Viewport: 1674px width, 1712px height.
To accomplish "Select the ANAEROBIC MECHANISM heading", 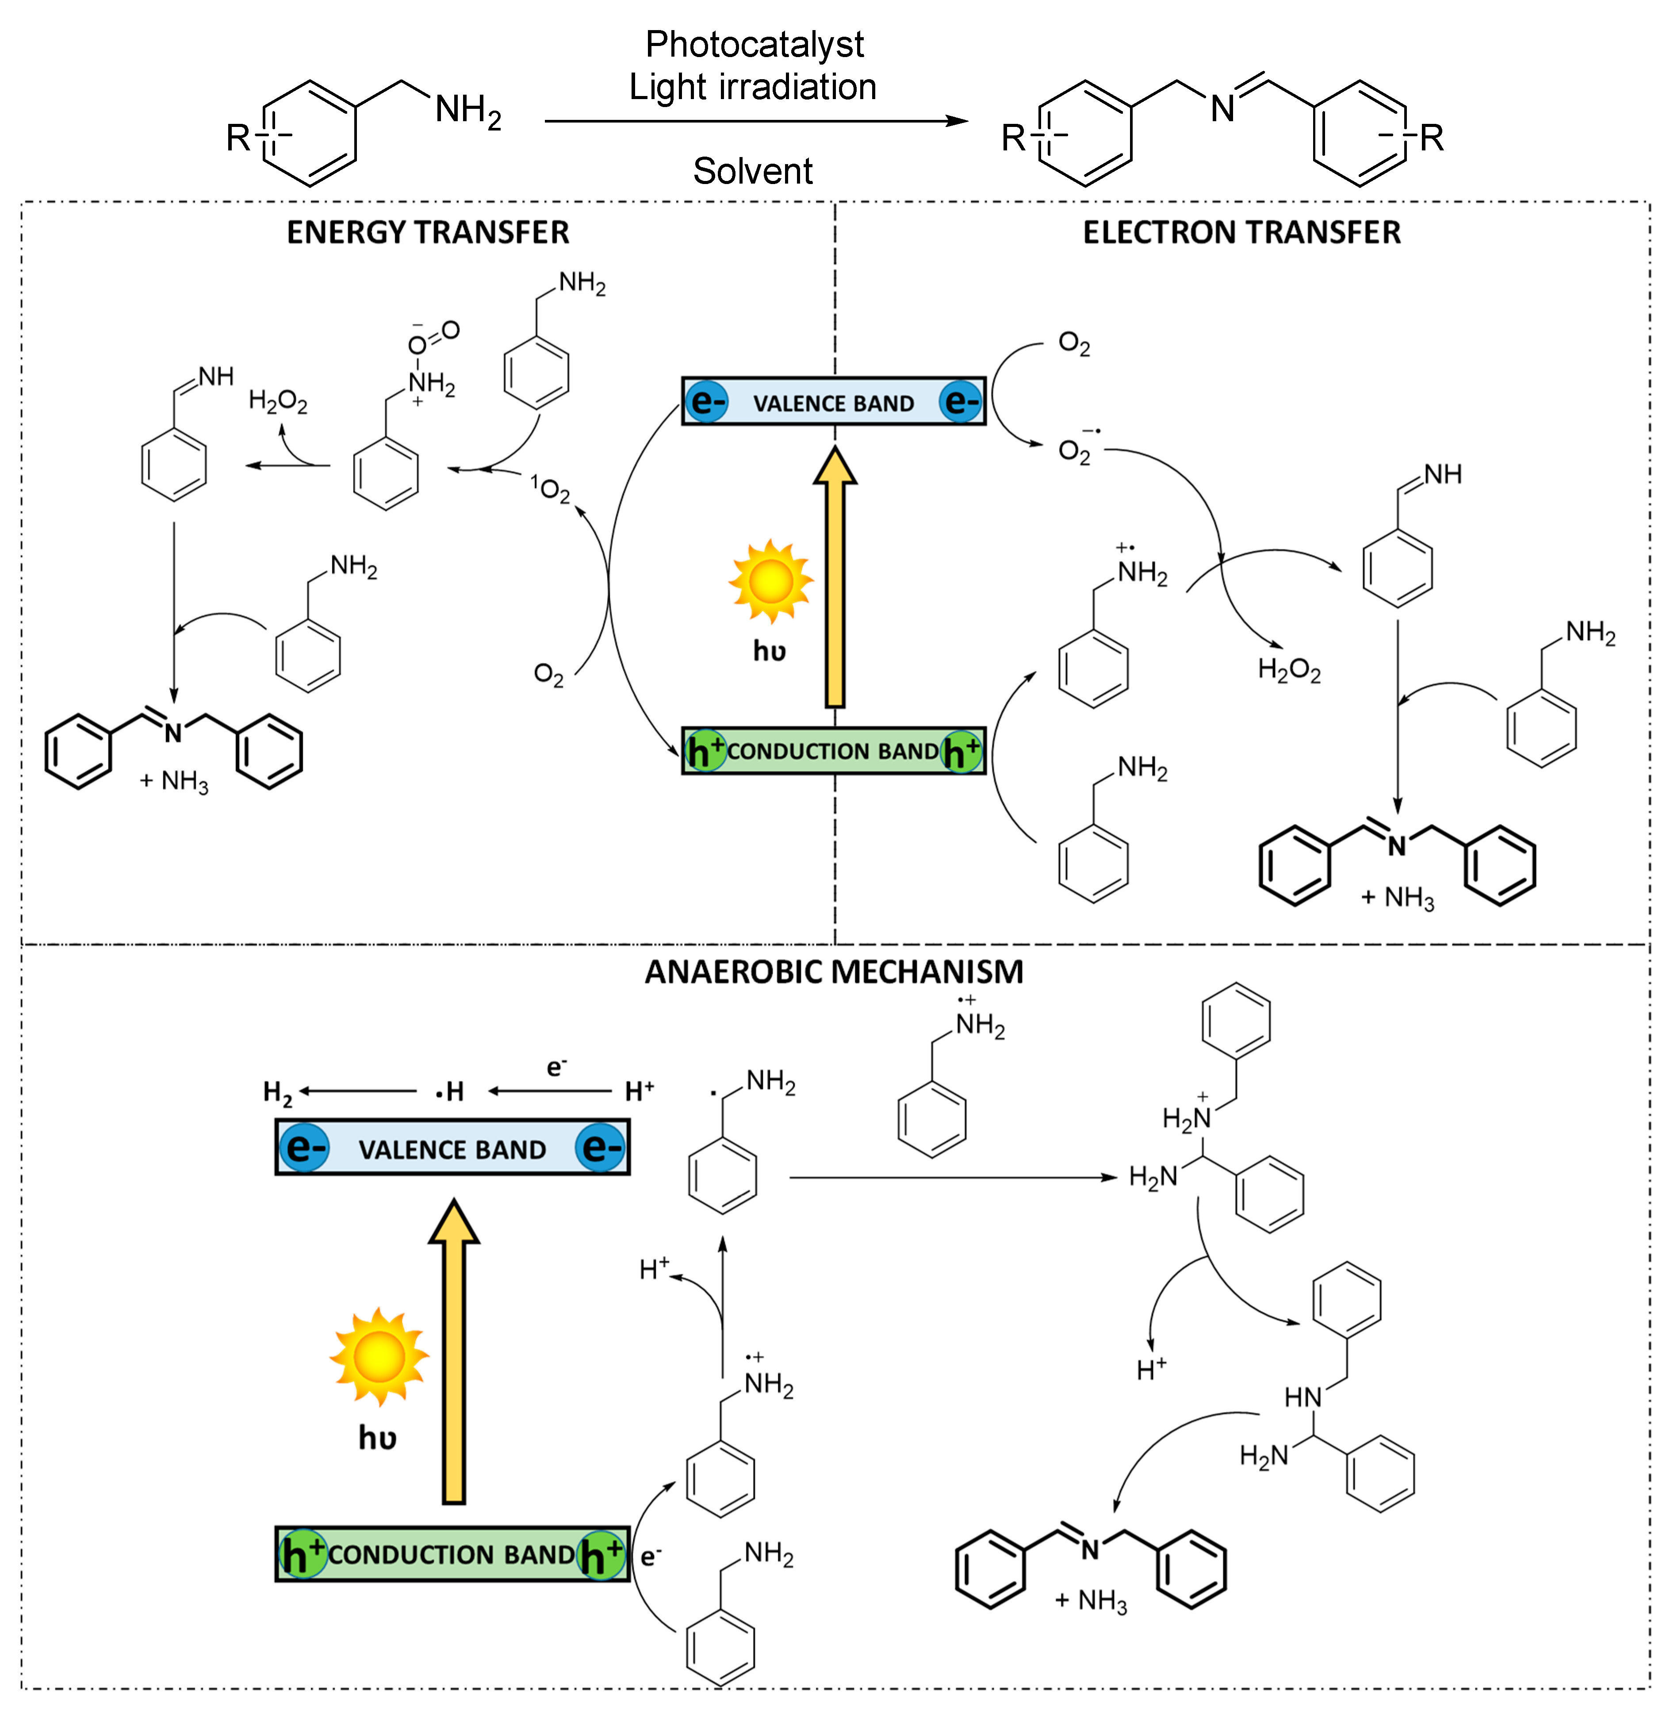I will [x=834, y=971].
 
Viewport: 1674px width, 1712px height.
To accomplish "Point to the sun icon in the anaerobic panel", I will [x=379, y=1357].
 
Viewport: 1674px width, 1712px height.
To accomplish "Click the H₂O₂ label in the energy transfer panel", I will [x=278, y=403].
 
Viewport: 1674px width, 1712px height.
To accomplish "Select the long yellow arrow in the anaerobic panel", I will [x=454, y=1354].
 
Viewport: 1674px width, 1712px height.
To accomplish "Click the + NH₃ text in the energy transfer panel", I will [x=174, y=781].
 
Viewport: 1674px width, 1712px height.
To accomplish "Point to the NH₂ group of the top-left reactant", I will [x=468, y=111].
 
